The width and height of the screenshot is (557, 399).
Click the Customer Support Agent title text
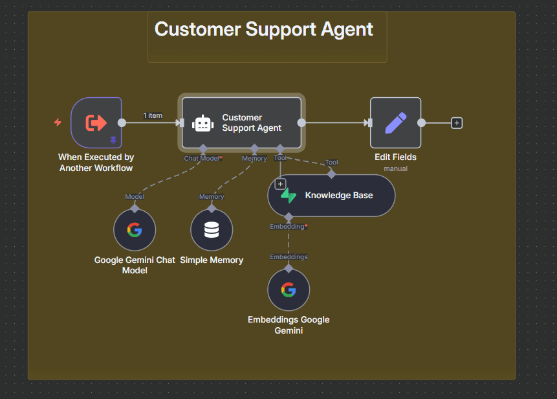tap(263, 29)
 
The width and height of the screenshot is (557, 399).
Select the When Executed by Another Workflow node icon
tap(96, 122)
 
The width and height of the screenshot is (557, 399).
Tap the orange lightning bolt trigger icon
tap(58, 122)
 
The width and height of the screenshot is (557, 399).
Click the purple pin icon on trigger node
tap(113, 140)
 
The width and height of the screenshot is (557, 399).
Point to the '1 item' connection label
tap(153, 116)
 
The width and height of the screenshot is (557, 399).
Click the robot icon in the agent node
tap(202, 123)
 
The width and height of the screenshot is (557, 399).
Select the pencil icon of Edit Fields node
tap(395, 122)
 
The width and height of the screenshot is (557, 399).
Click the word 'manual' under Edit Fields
tap(395, 168)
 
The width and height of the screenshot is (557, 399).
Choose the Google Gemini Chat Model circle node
tap(135, 230)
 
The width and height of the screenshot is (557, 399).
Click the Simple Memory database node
tap(212, 230)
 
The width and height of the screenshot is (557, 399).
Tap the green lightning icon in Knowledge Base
tap(288, 196)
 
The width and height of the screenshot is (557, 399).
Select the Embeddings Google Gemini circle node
tap(289, 290)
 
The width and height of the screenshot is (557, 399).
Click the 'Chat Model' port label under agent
tap(202, 158)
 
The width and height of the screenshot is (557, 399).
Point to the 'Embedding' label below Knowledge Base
tap(288, 227)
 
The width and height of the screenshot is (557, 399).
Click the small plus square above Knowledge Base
tap(280, 184)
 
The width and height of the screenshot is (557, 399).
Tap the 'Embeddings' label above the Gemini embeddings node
tap(289, 257)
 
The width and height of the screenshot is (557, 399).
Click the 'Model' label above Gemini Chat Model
tap(135, 197)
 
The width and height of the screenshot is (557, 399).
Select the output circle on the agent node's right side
tap(301, 122)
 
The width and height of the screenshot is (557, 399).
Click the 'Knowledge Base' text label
tap(339, 196)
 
